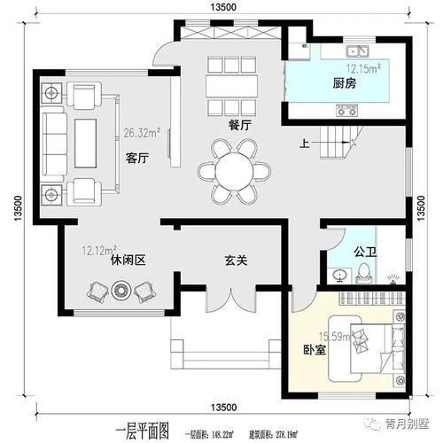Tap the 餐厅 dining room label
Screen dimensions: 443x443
238,125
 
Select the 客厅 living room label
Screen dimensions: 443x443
136,159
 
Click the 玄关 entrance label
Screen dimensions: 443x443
235,261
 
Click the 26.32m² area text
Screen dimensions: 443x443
142,134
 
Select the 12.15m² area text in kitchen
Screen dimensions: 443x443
362,68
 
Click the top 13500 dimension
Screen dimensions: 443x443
223,7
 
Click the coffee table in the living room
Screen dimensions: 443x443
86,142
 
